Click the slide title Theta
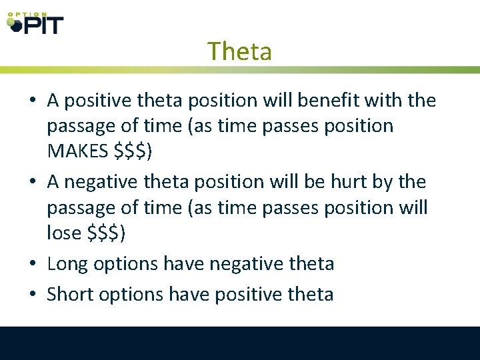click(239, 51)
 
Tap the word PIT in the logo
click(42, 25)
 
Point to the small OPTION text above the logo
click(27, 13)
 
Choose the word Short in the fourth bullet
click(70, 294)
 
